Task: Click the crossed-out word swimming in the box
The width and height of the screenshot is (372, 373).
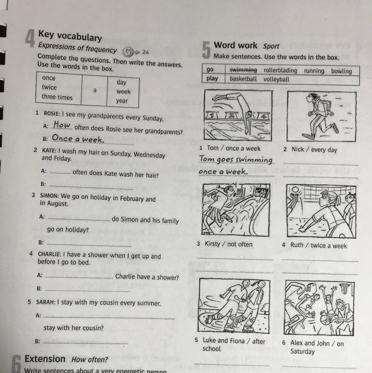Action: pos(243,70)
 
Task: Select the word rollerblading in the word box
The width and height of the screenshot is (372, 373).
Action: pos(280,71)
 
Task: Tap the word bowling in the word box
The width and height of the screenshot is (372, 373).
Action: pos(341,71)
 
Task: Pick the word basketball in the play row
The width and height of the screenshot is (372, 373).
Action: pos(243,79)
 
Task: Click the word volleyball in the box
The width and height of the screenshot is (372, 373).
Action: pos(276,79)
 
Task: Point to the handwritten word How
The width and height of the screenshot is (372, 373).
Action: pos(62,124)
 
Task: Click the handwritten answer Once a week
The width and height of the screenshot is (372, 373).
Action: pos(78,139)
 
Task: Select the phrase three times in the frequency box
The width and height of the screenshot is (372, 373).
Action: pos(57,97)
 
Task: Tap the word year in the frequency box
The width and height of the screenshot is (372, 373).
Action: pos(122,101)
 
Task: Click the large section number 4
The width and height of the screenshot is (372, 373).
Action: pos(30,38)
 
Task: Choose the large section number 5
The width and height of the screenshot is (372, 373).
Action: pos(206,49)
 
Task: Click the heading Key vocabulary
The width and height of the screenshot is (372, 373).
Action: pos(70,36)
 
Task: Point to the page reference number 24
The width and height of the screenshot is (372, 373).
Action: pos(145,52)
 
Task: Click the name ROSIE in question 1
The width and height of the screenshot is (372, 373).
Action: pos(51,114)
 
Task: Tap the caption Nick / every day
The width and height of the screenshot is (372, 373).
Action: pos(314,150)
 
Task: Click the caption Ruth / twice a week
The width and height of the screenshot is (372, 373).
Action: pos(318,246)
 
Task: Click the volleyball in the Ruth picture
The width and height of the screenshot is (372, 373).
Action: pos(295,190)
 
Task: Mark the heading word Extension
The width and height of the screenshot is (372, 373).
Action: pos(45,359)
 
